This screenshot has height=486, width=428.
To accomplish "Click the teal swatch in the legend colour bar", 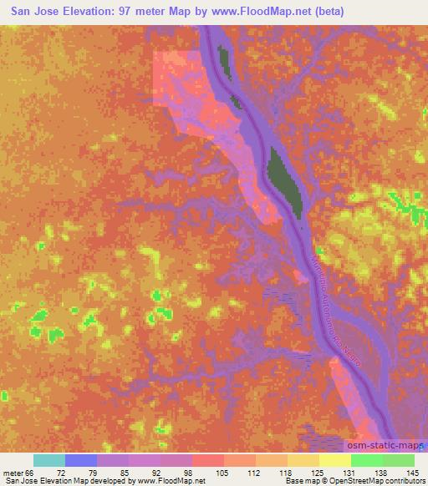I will pyautogui.click(x=49, y=460).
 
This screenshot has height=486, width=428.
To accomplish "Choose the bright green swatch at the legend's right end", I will pyautogui.click(x=398, y=460).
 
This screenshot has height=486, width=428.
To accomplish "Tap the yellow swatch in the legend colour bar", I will pyautogui.click(x=334, y=460).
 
